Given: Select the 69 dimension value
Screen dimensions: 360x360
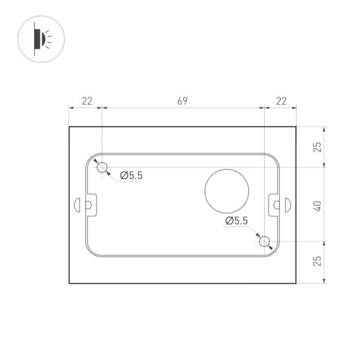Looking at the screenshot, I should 182,101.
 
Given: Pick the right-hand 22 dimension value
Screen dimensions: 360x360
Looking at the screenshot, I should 281,101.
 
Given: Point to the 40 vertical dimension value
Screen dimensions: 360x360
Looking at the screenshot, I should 317,205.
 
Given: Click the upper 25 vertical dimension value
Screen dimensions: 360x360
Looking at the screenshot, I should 317,147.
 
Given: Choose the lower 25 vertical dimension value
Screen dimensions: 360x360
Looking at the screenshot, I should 317,262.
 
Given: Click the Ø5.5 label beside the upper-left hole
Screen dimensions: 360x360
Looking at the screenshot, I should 131,176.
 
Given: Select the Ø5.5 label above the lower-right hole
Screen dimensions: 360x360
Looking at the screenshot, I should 237,221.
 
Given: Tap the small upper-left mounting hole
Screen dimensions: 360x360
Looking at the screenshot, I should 102,167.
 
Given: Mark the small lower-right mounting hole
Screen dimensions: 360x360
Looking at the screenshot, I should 264,242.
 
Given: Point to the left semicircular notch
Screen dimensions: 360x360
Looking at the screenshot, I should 76,205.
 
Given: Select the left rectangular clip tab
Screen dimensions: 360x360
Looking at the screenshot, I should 90,205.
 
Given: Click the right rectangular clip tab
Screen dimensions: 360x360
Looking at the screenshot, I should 274,205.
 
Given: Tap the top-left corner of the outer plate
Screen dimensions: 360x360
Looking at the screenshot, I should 69,127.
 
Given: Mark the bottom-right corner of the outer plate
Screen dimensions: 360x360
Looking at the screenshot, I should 296,284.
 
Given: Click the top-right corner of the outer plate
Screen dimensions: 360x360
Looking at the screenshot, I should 296,127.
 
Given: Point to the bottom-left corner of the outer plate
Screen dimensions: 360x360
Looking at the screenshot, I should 69,284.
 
